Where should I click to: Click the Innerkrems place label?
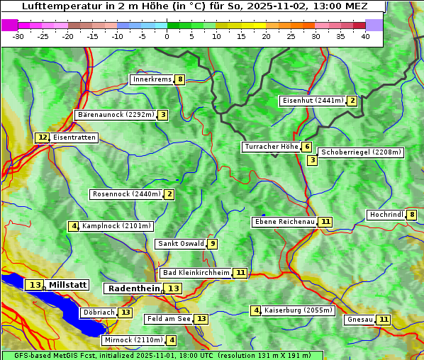point(152,79)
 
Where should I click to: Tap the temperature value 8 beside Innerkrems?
point(180,79)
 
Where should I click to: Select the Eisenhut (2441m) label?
point(312,101)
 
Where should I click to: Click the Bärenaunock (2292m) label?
point(115,115)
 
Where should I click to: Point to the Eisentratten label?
point(74,137)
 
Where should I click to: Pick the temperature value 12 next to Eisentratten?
point(43,137)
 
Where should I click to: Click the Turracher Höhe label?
point(271,147)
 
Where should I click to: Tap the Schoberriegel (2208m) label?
point(361,152)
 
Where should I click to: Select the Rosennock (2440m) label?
point(126,194)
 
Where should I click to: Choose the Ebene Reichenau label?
point(284,222)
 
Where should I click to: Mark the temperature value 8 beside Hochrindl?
point(412,215)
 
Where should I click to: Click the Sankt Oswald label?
point(181,244)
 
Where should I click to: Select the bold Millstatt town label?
point(68,285)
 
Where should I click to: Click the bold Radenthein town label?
point(133,288)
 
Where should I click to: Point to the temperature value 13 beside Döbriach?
point(125,313)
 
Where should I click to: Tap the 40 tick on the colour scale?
point(365,36)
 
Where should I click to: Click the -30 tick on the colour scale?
point(18,36)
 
